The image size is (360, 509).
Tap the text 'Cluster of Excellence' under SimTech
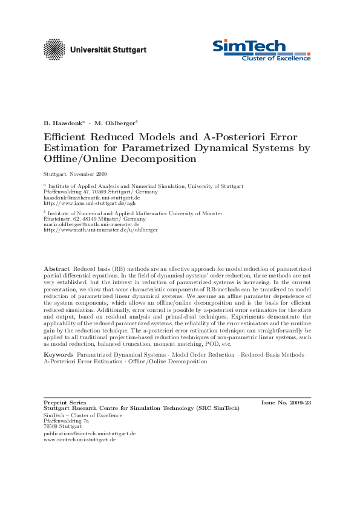pos(277,58)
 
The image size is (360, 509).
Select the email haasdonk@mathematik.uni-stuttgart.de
pos(92,197)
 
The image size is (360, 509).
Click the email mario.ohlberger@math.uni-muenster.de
pos(91,224)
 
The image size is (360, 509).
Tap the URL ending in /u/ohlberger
pos(100,230)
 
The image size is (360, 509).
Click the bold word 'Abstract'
pos(57,268)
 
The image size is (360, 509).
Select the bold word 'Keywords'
pos(59,354)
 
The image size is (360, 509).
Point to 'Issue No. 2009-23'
pos(286,402)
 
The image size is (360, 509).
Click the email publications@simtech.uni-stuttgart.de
pos(90,433)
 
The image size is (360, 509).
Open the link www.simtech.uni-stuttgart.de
pos(79,439)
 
